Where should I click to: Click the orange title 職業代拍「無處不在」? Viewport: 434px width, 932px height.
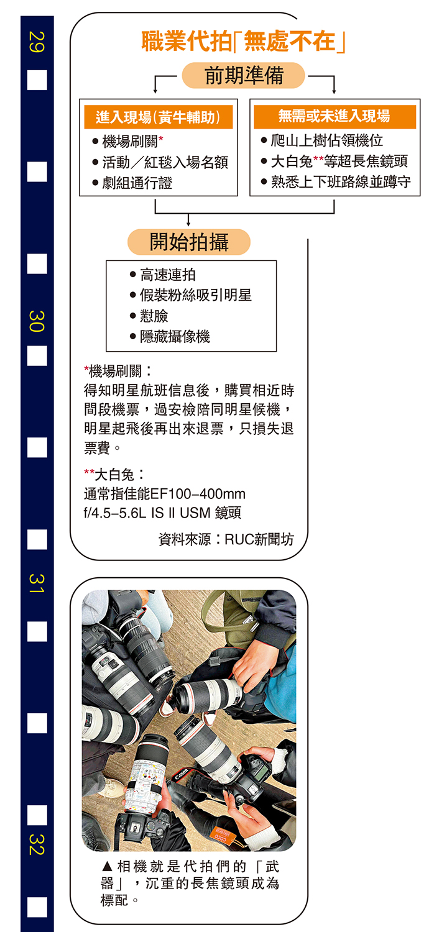243,42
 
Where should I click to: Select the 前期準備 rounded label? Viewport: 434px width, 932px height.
244,75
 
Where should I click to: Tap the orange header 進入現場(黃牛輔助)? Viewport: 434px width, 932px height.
159,117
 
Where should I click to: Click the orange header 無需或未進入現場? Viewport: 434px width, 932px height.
335,117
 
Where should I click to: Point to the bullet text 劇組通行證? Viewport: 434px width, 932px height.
137,183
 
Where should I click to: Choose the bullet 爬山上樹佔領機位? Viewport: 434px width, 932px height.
327,140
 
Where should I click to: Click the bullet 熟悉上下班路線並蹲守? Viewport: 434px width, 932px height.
341,182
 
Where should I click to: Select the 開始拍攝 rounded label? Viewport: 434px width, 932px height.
188,242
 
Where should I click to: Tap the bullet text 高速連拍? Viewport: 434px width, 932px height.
167,275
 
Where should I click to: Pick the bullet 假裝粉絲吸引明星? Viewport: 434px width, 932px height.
196,295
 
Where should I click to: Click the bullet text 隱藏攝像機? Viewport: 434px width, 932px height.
175,337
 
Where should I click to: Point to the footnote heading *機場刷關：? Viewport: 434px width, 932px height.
118,371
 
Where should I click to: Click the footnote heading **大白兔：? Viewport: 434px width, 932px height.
114,474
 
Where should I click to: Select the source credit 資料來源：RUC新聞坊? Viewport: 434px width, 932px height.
226,539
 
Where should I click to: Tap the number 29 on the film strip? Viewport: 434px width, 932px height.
37,42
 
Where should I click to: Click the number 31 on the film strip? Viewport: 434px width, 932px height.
37,583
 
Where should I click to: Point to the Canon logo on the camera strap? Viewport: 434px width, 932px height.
181,774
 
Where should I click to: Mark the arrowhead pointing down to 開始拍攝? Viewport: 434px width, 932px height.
188,223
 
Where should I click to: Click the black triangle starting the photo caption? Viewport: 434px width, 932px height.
107,867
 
